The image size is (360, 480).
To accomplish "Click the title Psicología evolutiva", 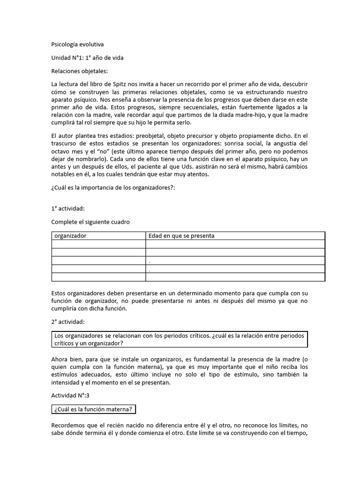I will click(77, 45).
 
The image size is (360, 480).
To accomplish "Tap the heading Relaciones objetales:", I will click(79, 71).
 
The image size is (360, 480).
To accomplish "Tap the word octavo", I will click(60, 152).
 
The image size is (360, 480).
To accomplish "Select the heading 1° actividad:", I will click(68, 210).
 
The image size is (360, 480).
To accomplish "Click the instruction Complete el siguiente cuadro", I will click(90, 222).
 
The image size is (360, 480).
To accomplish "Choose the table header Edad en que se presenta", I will click(181, 236).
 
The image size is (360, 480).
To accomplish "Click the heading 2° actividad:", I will click(68, 322).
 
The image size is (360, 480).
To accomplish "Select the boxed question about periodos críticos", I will click(179, 339).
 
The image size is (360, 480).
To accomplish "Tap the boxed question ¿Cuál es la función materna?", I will click(94, 410).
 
